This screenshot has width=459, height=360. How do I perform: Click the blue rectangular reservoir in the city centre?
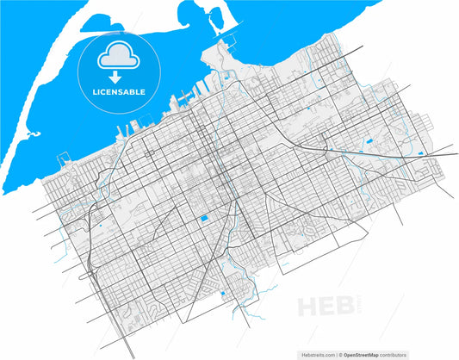(x=204, y=219)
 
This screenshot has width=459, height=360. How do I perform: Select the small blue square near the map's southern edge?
(x=224, y=295)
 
